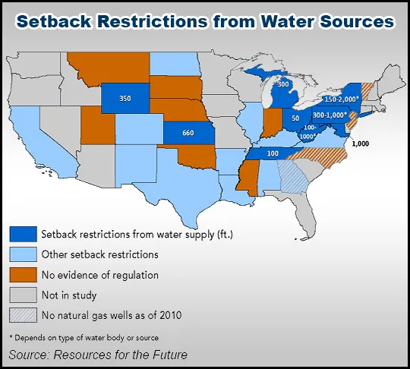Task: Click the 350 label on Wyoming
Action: point(125,98)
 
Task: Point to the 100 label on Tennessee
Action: point(273,154)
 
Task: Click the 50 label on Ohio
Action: point(295,118)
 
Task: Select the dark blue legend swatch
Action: point(23,234)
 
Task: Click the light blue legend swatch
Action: point(23,254)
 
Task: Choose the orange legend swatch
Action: point(23,274)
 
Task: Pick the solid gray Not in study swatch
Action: point(23,294)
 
